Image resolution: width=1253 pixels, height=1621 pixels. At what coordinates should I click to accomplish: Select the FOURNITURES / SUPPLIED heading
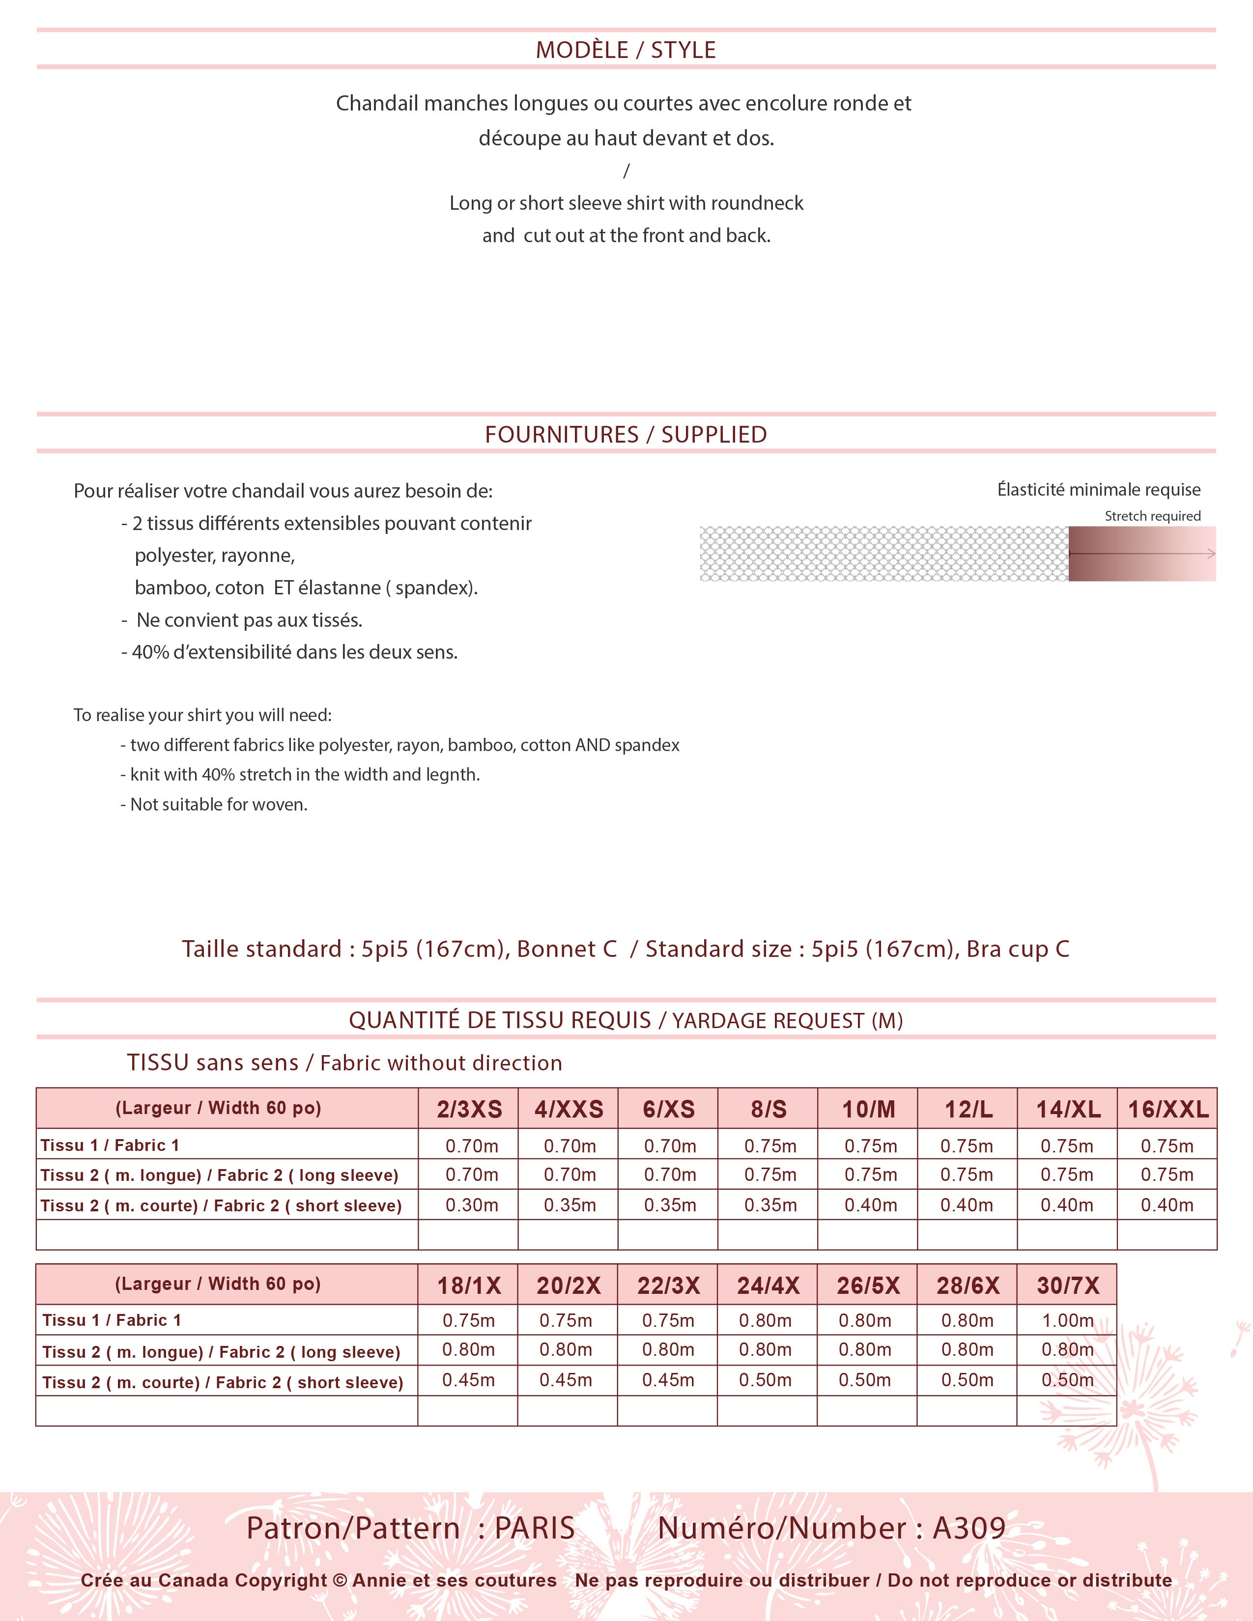pos(626,434)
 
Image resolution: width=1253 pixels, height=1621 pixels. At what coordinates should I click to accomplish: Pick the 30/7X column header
pos(1067,1285)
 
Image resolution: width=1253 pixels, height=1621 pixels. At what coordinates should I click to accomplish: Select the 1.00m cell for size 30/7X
pos(1067,1320)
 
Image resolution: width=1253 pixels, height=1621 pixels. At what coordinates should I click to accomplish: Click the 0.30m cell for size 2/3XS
pos(471,1205)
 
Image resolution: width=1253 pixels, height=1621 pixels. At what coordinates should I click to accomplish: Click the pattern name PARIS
pos(535,1528)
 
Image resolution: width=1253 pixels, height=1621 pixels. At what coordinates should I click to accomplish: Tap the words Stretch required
pos(1152,516)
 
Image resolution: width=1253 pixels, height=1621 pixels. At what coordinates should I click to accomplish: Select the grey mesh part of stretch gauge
pos(883,554)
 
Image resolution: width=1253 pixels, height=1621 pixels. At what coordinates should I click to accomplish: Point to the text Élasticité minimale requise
pos(1099,490)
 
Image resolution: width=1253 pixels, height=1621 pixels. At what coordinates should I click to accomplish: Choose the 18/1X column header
pos(468,1285)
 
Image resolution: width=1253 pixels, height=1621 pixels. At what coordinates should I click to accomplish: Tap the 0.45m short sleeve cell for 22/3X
pos(668,1380)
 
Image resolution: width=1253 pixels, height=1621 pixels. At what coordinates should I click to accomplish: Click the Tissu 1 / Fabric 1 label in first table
pos(110,1145)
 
